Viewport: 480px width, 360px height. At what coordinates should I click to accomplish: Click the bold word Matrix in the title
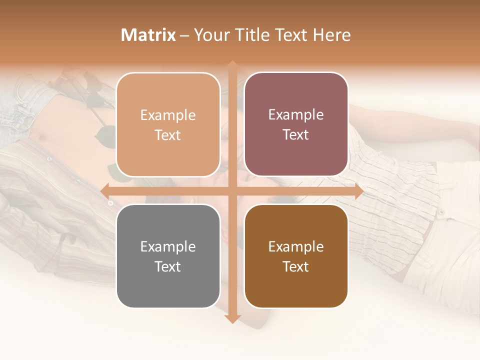[x=148, y=35]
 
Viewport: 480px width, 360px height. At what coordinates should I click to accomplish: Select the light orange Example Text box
[x=168, y=125]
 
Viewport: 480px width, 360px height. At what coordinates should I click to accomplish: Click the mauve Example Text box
[x=296, y=124]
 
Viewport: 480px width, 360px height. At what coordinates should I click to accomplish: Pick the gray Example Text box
[x=168, y=256]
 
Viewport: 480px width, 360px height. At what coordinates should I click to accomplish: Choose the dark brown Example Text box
[x=296, y=256]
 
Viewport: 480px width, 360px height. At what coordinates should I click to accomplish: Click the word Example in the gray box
[x=168, y=247]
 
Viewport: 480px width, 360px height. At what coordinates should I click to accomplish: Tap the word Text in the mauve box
[x=296, y=135]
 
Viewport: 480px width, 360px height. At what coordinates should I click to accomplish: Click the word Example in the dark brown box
[x=296, y=247]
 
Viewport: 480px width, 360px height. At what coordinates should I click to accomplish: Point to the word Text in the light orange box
[x=168, y=135]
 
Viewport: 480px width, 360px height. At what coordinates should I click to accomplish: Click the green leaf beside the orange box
[x=105, y=135]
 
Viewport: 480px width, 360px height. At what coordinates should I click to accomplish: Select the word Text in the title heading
[x=292, y=35]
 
